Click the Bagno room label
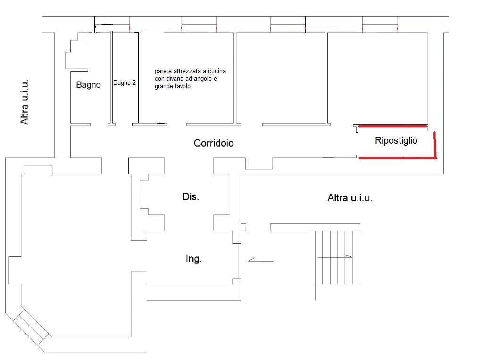88,85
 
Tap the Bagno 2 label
125,83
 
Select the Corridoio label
214,143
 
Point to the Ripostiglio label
396,140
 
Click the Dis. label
191,196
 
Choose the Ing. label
194,259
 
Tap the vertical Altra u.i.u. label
25,102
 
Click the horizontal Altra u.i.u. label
350,198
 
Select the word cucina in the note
217,71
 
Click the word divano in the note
175,79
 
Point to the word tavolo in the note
183,86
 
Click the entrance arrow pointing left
260,260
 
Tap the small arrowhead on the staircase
349,256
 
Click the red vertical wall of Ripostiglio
435,145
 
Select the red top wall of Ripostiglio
393,126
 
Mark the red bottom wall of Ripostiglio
398,158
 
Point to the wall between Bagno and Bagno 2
111,79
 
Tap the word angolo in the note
203,79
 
